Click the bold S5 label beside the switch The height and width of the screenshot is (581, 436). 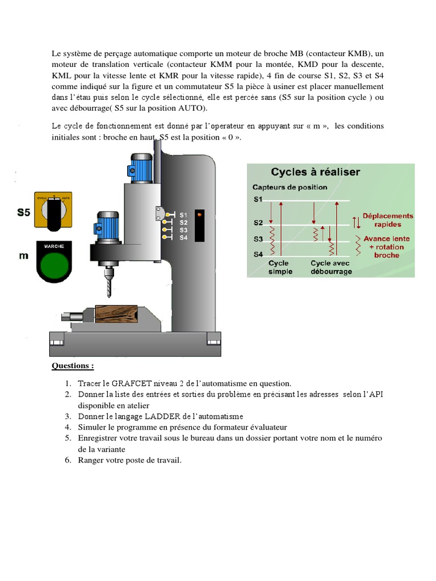click(x=23, y=213)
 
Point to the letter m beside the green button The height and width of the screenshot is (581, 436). click(x=23, y=255)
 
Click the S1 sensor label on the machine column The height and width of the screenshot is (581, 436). click(x=183, y=216)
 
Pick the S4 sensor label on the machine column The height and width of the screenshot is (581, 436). click(x=183, y=238)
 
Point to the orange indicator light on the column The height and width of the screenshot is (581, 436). click(x=200, y=215)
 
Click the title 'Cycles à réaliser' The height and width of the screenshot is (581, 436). click(x=315, y=172)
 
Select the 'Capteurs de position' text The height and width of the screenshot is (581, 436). click(x=290, y=187)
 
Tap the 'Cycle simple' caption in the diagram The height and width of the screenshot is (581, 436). click(x=280, y=267)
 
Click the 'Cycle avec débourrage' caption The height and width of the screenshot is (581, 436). click(x=331, y=267)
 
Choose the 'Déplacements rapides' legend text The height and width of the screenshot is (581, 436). click(x=388, y=220)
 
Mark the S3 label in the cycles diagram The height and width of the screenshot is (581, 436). click(x=258, y=239)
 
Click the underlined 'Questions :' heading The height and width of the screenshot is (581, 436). click(x=73, y=366)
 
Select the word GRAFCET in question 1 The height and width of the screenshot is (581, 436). click(x=128, y=384)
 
